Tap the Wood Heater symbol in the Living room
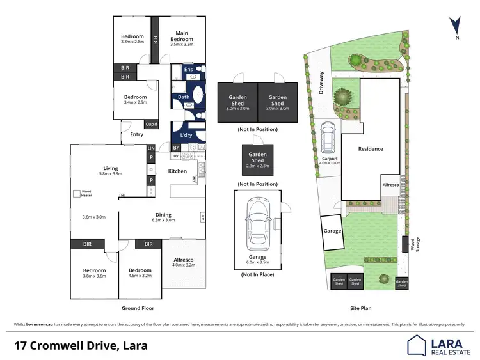click(x=77, y=193)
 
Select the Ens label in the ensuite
click(x=188, y=69)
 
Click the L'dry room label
click(x=186, y=135)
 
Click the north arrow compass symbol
click(x=455, y=26)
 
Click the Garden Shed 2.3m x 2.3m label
click(x=258, y=160)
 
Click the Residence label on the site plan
click(x=370, y=149)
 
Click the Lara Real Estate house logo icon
click(x=417, y=346)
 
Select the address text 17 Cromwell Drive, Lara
click(x=81, y=346)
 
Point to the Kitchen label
click(x=177, y=171)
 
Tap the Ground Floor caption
click(x=136, y=308)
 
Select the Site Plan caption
click(x=361, y=308)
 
